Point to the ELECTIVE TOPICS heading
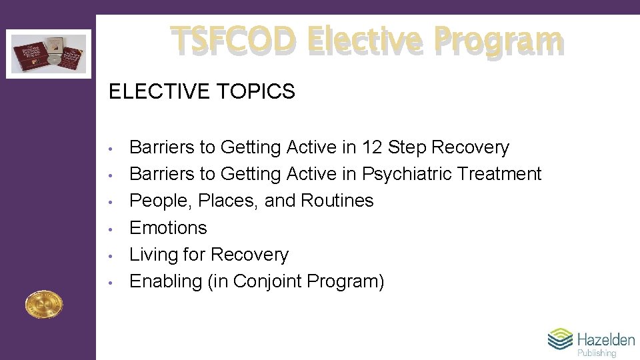point(201,91)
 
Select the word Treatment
point(500,174)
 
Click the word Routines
point(337,201)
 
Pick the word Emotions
point(168,228)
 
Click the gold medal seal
point(43,305)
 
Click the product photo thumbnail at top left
point(49,54)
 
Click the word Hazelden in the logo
point(606,339)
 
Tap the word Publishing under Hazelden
point(597,353)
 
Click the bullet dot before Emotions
point(115,229)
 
